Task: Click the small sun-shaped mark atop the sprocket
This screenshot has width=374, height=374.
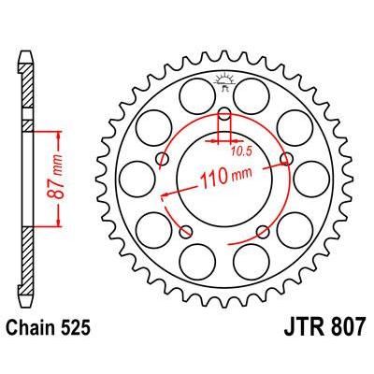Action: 224,82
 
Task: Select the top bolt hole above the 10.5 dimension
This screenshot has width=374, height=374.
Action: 224,116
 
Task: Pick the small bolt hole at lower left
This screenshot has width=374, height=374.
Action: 188,230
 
